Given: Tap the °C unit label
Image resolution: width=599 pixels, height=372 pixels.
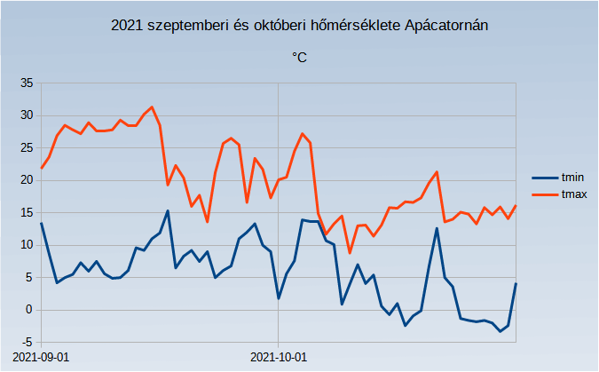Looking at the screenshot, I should coord(299,58).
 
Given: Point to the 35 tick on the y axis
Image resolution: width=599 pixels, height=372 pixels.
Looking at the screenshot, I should coord(25,83).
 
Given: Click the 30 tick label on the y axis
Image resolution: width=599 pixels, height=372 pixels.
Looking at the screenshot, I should coord(25,115).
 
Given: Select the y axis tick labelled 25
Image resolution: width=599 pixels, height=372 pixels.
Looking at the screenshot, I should coord(25,147).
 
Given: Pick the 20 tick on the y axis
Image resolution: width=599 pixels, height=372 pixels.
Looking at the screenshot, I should coord(25,180).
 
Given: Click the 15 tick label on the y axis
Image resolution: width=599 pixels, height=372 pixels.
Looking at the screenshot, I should coord(25,212).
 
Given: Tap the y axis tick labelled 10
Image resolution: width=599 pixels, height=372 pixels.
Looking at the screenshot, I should coord(25,245).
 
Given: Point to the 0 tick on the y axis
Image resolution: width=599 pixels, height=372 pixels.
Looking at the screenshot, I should coord(28,309).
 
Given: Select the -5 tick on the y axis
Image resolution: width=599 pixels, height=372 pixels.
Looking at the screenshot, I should coord(27,342).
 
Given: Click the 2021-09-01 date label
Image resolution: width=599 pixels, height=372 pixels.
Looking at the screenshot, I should coord(42,357).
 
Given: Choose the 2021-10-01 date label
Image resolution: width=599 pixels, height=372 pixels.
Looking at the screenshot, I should coord(279,357).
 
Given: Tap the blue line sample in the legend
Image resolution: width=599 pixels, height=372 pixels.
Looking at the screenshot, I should coord(543,178).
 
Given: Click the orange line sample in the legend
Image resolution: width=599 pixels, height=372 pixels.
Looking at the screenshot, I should coord(543,193).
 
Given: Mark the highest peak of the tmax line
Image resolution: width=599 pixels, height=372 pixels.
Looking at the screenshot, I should coord(152,107).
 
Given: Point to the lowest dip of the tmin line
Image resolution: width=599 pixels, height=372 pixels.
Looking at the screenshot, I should coord(500,331).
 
